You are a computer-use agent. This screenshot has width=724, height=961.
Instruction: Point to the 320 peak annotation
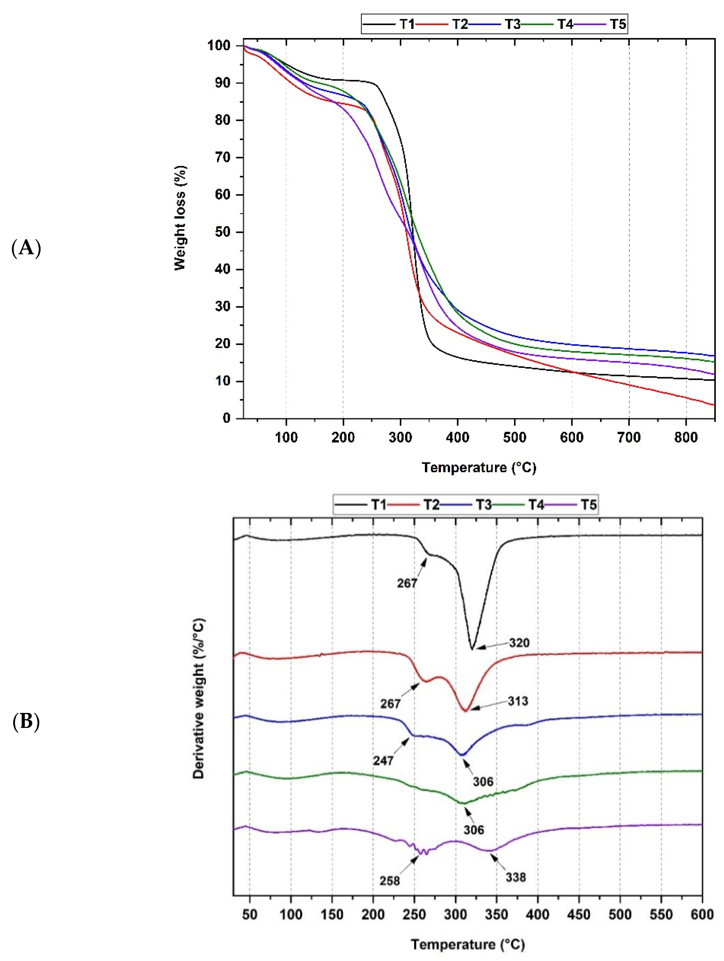(519, 642)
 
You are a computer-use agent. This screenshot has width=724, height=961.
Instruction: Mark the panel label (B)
(26, 722)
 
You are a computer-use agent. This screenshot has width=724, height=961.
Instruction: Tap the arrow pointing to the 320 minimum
(491, 646)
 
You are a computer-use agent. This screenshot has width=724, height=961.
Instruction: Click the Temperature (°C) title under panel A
(479, 467)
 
